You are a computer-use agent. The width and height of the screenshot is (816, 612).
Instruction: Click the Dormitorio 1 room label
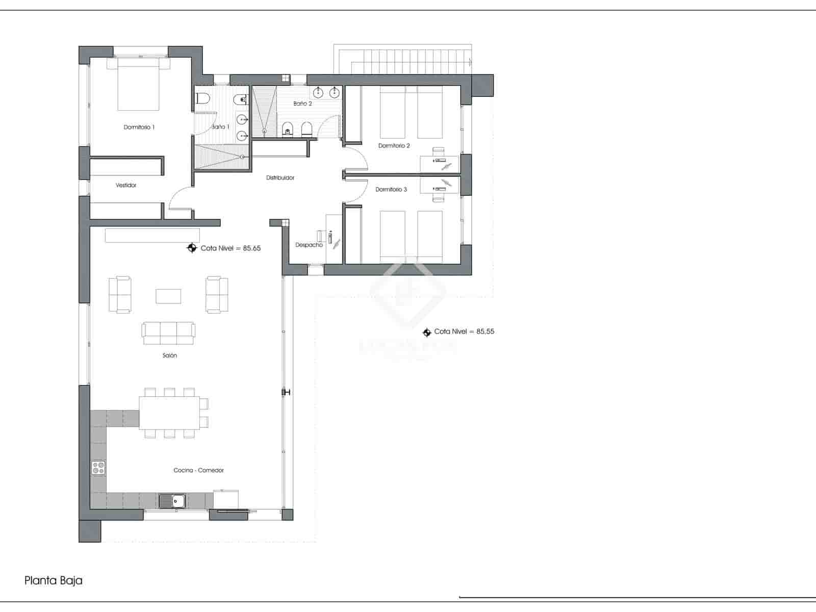coord(139,127)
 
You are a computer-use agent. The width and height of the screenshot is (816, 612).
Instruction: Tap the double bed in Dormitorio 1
coord(138,84)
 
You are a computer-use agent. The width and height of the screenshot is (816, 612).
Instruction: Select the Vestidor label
coord(126,185)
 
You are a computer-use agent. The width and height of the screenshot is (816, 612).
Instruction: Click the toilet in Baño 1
coord(203,98)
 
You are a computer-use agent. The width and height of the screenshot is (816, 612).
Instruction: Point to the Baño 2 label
coord(302,104)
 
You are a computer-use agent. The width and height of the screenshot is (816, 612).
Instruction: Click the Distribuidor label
coord(280,178)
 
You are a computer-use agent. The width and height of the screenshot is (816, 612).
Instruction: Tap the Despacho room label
coord(309,245)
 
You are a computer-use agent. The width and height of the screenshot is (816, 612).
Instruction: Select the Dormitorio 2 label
coord(394,146)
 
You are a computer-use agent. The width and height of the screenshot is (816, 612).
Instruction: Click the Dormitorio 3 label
coord(391,190)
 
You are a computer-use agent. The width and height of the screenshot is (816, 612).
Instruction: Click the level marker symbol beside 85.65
coord(192,248)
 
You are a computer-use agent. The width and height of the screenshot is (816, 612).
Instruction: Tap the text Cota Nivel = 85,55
coord(464,331)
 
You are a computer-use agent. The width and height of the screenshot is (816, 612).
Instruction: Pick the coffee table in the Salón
coord(168,296)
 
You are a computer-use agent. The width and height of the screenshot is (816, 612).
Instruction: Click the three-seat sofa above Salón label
coord(168,333)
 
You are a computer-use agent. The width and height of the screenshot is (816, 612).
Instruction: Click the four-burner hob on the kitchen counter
coord(98,468)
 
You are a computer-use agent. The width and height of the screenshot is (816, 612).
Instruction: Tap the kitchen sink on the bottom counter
coord(172,501)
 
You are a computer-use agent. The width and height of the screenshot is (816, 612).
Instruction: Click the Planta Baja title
coord(54,580)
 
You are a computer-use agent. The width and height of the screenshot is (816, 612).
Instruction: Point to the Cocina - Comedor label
coord(198,470)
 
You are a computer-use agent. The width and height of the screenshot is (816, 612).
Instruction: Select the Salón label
coord(170,355)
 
